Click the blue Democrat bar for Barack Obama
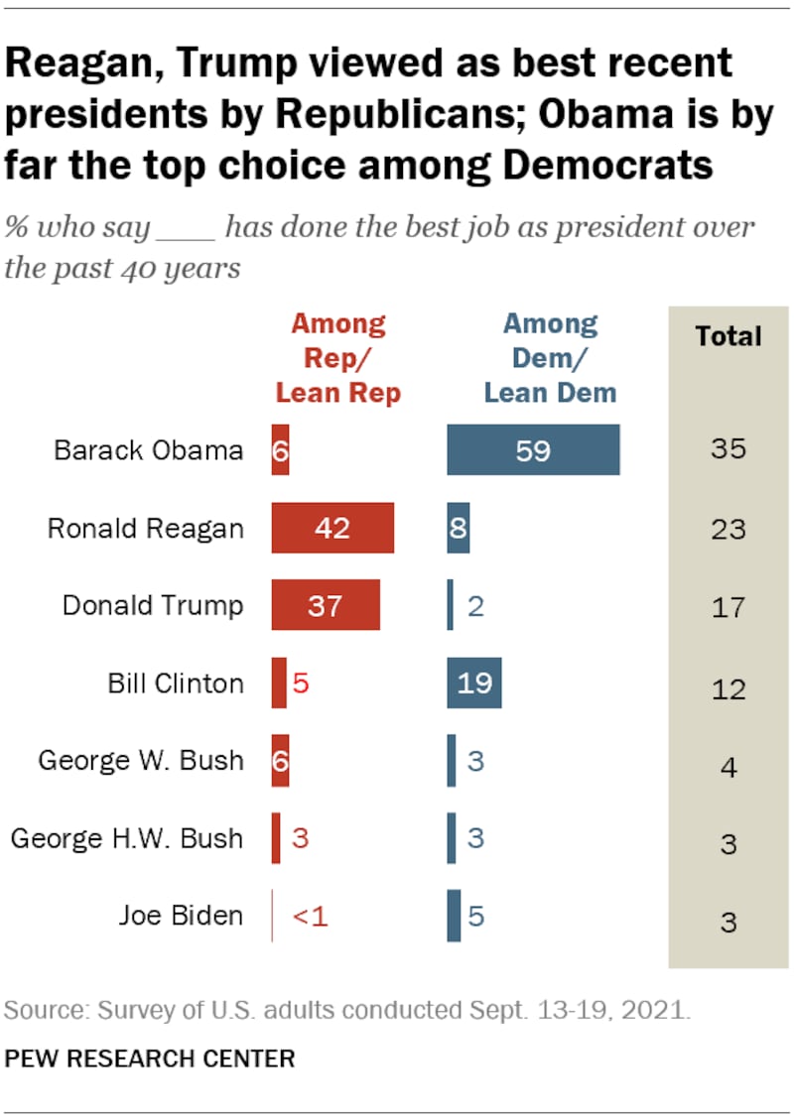coord(533,450)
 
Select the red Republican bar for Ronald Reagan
coord(332,528)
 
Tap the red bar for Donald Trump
coord(326,605)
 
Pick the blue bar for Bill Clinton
coord(474,682)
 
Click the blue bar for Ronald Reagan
coord(458,528)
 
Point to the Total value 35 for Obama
coord(728,450)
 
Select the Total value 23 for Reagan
coord(728,528)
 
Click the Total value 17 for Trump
coord(728,605)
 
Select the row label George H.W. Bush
coord(126,838)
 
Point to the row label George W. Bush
coord(140,761)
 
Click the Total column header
coord(728,336)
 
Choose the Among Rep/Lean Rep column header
coord(337,357)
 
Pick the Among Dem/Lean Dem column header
coord(550,357)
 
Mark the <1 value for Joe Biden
coord(309,916)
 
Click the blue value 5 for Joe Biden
coord(475,916)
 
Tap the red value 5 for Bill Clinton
coord(300,683)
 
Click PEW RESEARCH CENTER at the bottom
coord(150,1058)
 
